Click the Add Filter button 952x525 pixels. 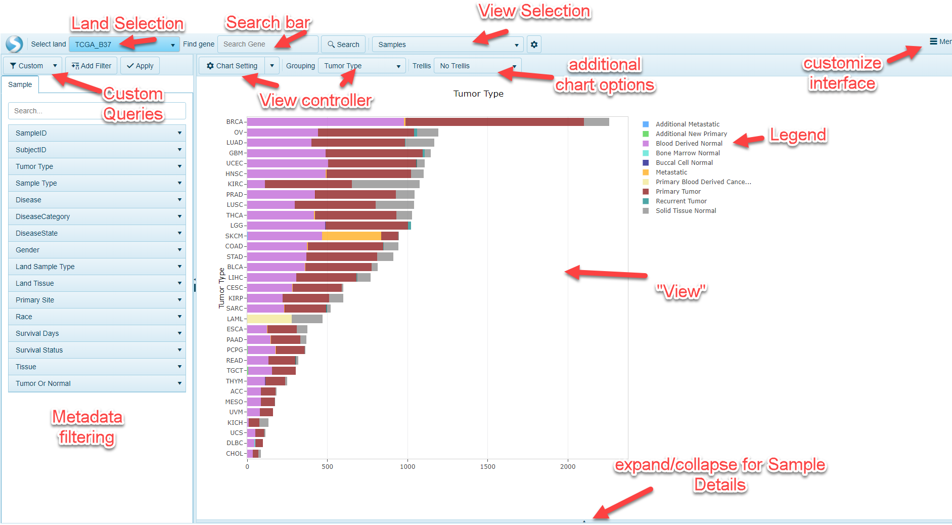92,66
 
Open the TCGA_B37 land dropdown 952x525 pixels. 124,45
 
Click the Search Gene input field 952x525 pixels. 267,45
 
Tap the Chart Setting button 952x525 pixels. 232,66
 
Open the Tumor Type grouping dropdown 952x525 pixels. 361,66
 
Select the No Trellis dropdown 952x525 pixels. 477,66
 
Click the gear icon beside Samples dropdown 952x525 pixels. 534,45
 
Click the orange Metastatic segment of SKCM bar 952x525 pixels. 351,236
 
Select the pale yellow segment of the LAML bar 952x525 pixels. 269,319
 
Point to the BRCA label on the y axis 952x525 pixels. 235,122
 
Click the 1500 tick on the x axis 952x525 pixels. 487,467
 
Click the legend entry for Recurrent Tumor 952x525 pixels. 681,201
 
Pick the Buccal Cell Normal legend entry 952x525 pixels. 684,163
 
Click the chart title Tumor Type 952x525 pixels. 478,94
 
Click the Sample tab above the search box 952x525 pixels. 20,84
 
